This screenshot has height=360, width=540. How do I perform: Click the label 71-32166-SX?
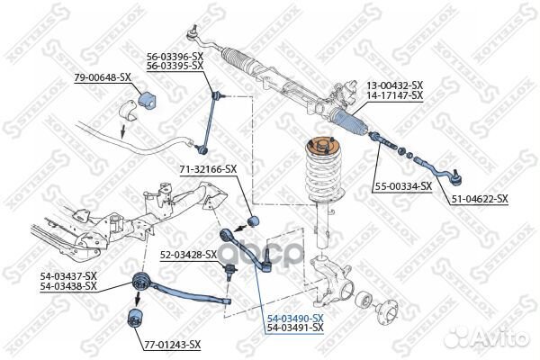(x=208, y=168)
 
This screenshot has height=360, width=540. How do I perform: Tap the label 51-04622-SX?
(x=479, y=198)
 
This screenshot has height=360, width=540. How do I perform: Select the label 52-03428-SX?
(x=189, y=255)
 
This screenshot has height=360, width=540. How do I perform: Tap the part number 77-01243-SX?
(x=172, y=344)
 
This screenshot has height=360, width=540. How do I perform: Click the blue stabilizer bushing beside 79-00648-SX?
(x=150, y=95)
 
